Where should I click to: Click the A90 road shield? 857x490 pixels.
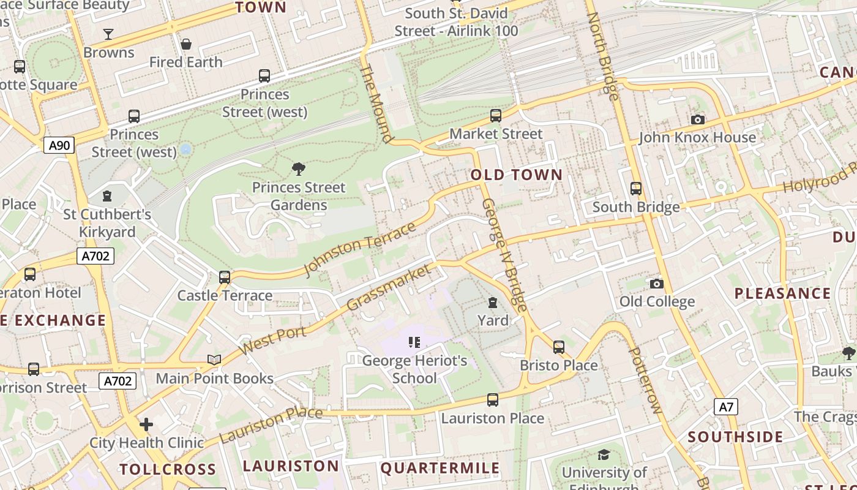[x=59, y=145]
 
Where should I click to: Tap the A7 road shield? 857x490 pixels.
[x=725, y=407]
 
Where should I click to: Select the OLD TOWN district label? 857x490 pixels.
[x=516, y=175]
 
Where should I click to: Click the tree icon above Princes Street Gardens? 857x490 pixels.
[x=299, y=168]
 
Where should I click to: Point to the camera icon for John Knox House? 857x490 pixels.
[x=697, y=119]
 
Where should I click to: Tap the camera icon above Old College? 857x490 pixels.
[x=657, y=284]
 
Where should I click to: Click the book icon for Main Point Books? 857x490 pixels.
[x=214, y=360]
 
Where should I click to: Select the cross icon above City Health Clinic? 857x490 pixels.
[x=146, y=424]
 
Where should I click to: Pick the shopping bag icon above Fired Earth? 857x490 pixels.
[x=186, y=44]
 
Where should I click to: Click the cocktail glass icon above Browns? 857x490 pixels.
[x=108, y=34]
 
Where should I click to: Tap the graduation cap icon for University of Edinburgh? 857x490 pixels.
[x=604, y=454]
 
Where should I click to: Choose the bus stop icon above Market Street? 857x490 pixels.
[x=496, y=115]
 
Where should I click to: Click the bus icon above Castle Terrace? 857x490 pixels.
[x=225, y=277]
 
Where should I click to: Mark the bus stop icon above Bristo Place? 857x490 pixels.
[x=558, y=347]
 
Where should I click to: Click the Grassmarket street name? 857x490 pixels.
[x=388, y=288]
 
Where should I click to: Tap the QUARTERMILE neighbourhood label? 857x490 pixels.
[x=440, y=469]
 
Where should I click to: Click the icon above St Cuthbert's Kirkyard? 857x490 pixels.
[x=108, y=196]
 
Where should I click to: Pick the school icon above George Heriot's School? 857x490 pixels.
[x=414, y=342]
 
